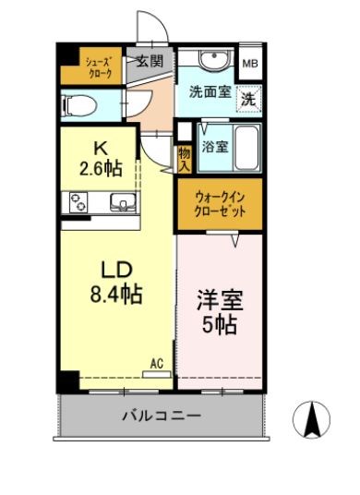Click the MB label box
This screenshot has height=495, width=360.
[x=249, y=64]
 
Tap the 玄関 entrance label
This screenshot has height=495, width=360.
[x=149, y=62]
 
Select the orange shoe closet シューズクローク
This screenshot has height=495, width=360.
[x=100, y=66]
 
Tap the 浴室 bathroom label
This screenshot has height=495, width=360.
[x=217, y=145]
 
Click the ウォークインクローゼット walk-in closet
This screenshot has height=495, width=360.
[x=220, y=203]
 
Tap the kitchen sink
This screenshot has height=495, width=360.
[x=120, y=202]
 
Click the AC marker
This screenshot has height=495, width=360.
[x=157, y=364]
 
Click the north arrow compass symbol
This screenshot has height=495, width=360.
[x=312, y=421]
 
